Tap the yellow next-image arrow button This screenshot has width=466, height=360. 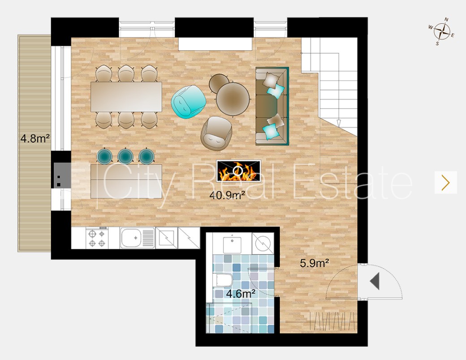pos(445,182)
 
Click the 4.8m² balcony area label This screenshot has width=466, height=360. pos(35,138)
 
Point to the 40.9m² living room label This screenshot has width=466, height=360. pos(227,195)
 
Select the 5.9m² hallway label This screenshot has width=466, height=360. pos(315,263)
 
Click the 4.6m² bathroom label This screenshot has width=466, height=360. pos(241,294)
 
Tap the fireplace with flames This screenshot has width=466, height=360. pos(239,171)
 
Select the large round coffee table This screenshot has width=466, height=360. pos(233,98)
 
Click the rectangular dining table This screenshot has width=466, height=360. pos(126,97)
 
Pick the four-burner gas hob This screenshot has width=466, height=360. pos(97,238)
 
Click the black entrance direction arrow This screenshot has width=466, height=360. pos(375,281)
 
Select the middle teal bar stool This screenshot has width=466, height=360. pos(125,156)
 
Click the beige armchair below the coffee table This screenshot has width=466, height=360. pos(216,133)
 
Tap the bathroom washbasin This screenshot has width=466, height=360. pos(232,243)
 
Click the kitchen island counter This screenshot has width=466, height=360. pos(126,181)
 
